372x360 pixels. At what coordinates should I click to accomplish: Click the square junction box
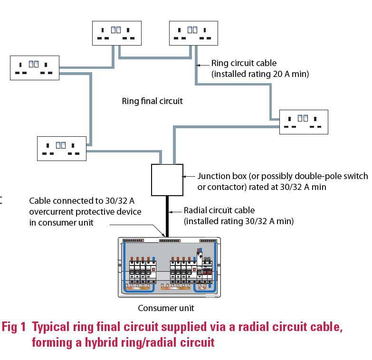coord(167,180)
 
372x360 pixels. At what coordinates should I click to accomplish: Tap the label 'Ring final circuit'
coord(152,101)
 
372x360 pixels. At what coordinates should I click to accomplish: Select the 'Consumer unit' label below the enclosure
coord(166,308)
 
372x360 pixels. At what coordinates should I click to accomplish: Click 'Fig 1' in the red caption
coord(14,327)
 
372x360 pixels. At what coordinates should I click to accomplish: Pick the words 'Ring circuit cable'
coord(244,63)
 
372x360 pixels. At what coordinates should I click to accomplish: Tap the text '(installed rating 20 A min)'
coord(260,74)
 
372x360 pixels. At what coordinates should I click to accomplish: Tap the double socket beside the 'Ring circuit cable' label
coord(193,33)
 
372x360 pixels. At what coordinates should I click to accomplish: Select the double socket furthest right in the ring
coord(304,122)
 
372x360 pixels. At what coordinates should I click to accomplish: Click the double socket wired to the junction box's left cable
coord(62,148)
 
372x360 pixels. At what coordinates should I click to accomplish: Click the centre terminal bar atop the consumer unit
coord(170,241)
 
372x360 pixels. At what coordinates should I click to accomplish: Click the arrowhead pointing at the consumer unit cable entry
coord(164,234)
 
